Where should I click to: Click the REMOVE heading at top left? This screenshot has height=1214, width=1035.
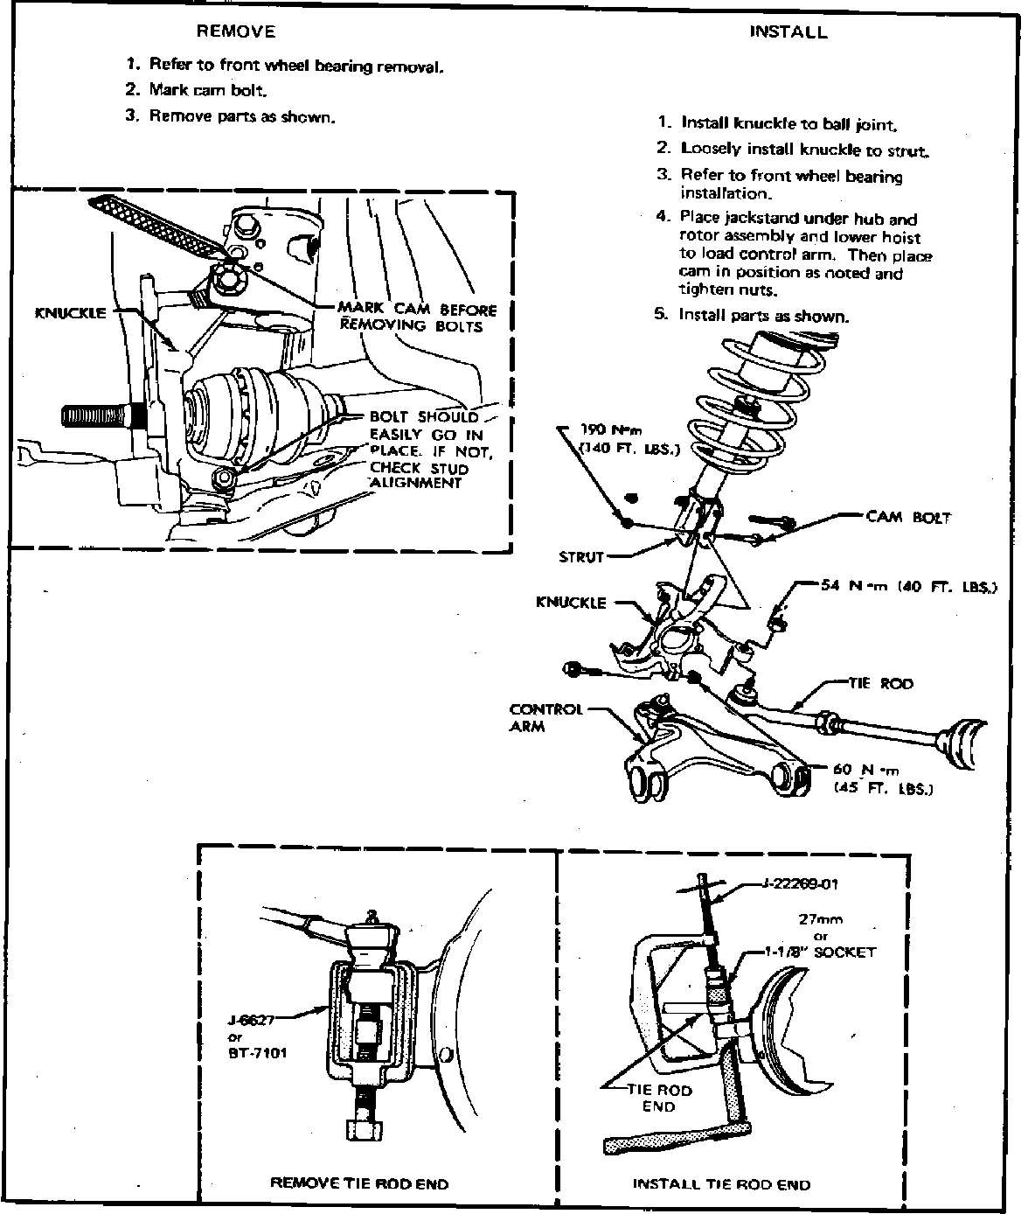(235, 32)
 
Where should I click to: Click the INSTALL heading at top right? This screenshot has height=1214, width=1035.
(788, 32)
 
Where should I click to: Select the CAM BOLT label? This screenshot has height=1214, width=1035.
(907, 516)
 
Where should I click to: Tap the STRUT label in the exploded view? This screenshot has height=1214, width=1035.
(580, 557)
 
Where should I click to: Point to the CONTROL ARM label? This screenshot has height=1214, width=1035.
(545, 717)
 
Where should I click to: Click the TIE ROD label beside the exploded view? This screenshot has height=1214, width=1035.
(880, 682)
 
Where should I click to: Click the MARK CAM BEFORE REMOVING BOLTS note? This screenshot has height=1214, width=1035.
(417, 317)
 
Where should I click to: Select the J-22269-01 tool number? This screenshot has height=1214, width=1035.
(795, 883)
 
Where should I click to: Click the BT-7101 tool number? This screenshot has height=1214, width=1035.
(256, 1052)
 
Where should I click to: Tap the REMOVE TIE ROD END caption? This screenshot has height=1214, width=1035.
(358, 1183)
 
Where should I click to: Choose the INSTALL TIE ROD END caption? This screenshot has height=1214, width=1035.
(721, 1184)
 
